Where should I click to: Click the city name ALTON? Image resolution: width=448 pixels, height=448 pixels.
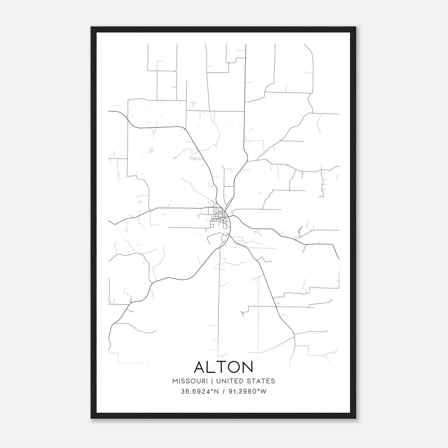click(223, 367)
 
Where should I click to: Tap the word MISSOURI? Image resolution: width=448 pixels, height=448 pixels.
click(190, 381)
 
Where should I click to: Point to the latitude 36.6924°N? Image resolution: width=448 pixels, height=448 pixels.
click(199, 391)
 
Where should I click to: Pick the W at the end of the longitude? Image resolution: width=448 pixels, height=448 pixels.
click(264, 391)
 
